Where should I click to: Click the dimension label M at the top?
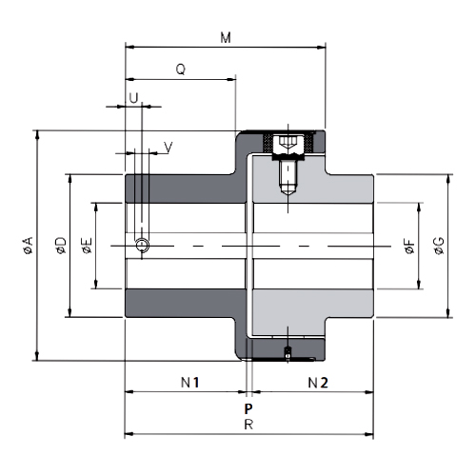pyautogui.click(x=226, y=37)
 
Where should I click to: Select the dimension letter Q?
pyautogui.click(x=180, y=69)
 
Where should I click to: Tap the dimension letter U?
pyautogui.click(x=133, y=98)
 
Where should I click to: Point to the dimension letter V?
pyautogui.click(x=168, y=147)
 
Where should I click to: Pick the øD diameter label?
pyautogui.click(x=60, y=246)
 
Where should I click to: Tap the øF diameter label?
pyautogui.click(x=409, y=248)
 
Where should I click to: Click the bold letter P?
pyautogui.click(x=248, y=407)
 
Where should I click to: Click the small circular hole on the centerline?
pyautogui.click(x=142, y=246)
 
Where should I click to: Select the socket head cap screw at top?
pyautogui.click(x=288, y=146)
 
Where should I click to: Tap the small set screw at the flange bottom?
pyautogui.click(x=288, y=354)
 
